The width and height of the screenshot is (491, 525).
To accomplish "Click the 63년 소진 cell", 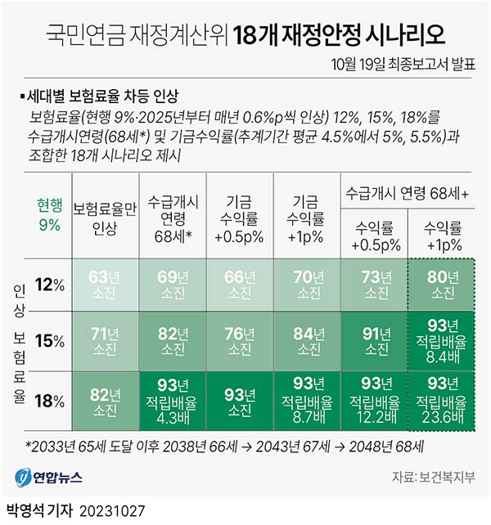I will pyautogui.click(x=106, y=285).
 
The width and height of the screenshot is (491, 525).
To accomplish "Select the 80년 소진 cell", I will pyautogui.click(x=442, y=285).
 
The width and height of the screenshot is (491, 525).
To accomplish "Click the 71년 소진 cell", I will pyautogui.click(x=106, y=340).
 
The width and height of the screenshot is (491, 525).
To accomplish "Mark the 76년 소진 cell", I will pyautogui.click(x=240, y=340).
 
